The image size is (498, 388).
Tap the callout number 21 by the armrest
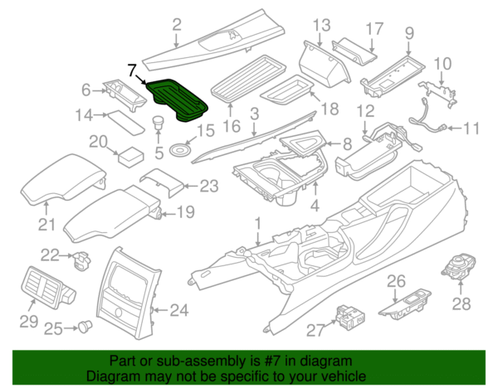(46, 224)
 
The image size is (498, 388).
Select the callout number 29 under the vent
(29, 319)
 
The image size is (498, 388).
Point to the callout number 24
(180, 312)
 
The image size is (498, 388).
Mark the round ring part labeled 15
(178, 151)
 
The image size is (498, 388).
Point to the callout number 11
(471, 129)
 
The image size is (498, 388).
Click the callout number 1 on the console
(257, 223)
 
